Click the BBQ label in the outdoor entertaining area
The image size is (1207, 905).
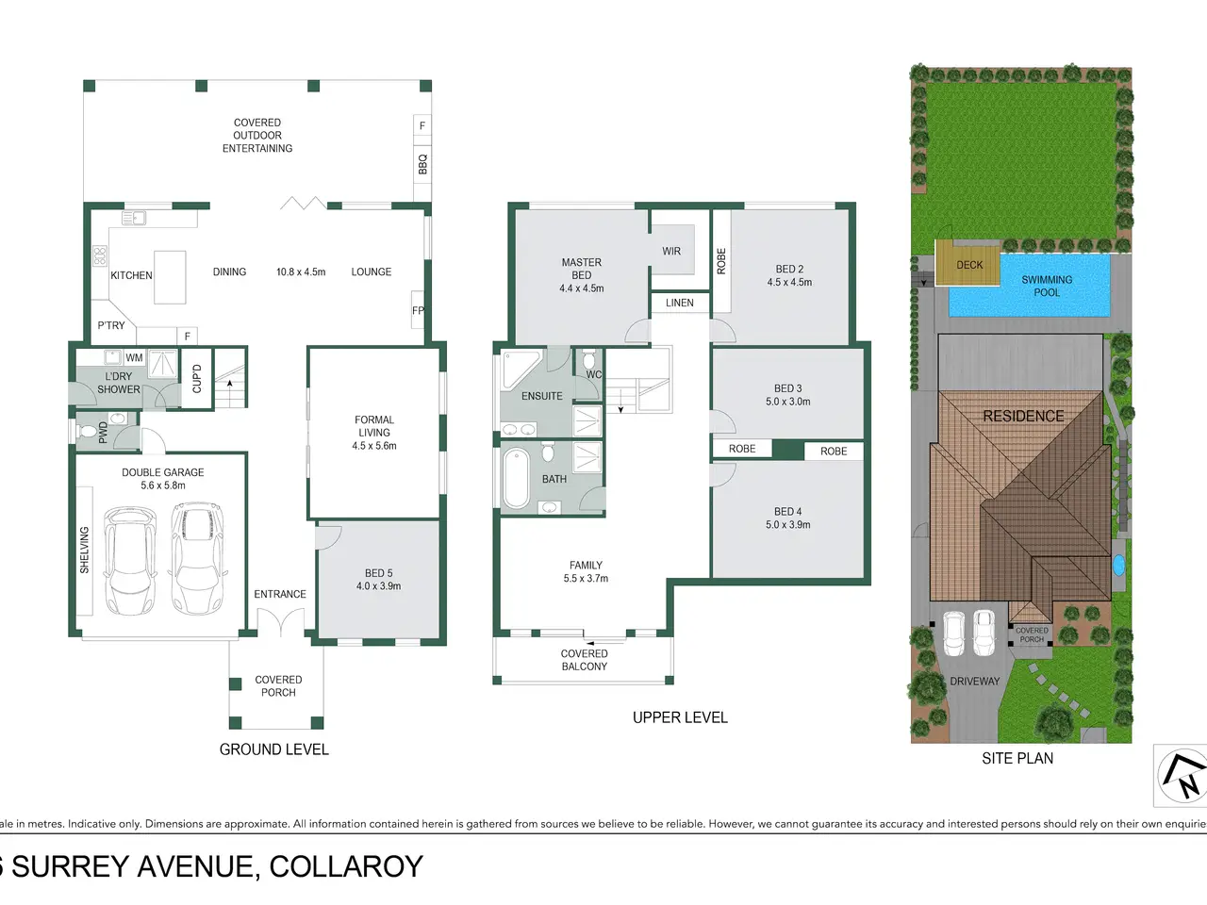point(422,164)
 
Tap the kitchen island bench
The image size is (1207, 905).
point(170,277)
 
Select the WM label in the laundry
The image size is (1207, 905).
point(134,357)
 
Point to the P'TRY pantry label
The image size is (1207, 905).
point(111,325)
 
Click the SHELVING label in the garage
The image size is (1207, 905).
point(84,550)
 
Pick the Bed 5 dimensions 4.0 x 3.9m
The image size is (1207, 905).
point(378,585)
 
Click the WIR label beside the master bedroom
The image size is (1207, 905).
point(671,251)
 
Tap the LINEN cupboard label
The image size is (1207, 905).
point(680,303)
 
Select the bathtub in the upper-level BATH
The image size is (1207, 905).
point(516,478)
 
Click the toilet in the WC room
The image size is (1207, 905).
point(588,360)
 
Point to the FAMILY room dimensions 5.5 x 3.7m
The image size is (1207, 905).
point(586,578)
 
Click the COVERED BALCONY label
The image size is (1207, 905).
point(584,660)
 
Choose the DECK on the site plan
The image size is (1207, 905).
point(968,264)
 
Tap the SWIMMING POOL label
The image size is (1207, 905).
point(1047,286)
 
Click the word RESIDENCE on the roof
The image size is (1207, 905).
point(1023,416)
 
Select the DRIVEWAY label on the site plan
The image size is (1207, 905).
point(975,682)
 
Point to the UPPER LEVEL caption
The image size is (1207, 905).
point(680,717)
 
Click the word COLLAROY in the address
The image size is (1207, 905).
point(346,866)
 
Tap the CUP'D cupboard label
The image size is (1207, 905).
point(197,379)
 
